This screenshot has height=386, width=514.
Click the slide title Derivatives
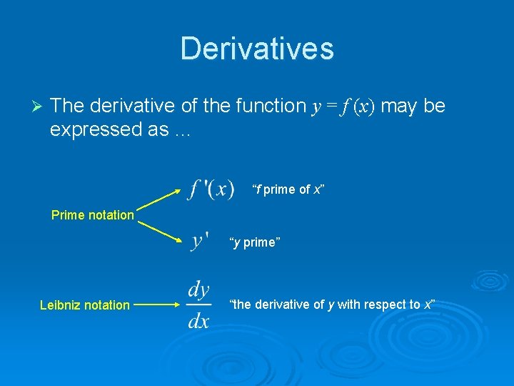click(257, 49)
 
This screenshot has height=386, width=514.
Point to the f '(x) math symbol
click(211, 189)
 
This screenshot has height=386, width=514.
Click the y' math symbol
click(200, 242)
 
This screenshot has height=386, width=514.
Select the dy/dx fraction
click(198, 305)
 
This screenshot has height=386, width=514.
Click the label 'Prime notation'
click(93, 214)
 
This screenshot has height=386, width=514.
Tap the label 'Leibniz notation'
click(85, 305)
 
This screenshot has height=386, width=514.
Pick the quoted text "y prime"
click(255, 242)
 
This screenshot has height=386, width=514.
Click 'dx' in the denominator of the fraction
click(198, 320)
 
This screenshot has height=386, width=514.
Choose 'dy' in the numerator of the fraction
click(198, 290)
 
